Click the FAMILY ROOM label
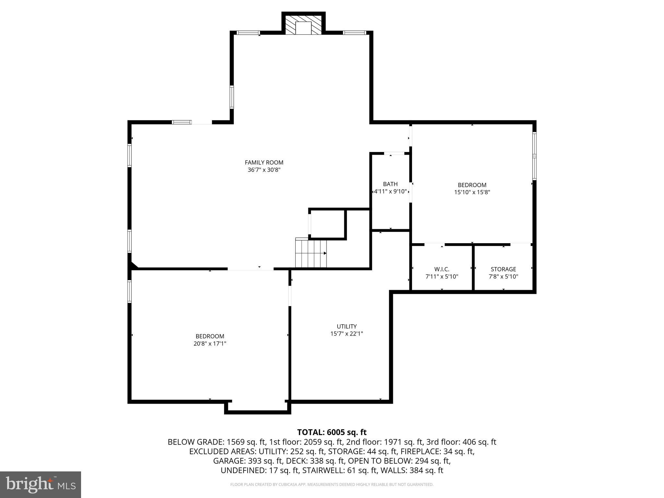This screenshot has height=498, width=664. click(x=264, y=162)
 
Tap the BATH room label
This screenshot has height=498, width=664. click(x=390, y=184)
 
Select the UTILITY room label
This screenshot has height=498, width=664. click(x=347, y=326)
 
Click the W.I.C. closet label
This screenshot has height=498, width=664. click(x=442, y=269)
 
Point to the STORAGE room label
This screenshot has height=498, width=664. click(x=503, y=269)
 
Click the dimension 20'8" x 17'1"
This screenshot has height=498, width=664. click(x=210, y=344)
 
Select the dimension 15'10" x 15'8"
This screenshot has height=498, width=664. click(x=472, y=192)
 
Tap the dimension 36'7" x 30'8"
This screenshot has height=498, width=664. click(x=264, y=170)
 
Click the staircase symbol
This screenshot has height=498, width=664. click(x=311, y=253)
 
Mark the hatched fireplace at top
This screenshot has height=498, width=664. click(x=303, y=24)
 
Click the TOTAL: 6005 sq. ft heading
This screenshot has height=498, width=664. click(x=332, y=432)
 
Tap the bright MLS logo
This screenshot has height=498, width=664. click(x=41, y=484)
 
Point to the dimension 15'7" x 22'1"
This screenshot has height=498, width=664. click(x=347, y=334)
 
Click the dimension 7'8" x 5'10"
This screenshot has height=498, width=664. click(x=503, y=277)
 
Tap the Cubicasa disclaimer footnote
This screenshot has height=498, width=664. click(x=332, y=485)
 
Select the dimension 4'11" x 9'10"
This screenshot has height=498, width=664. click(x=390, y=192)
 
